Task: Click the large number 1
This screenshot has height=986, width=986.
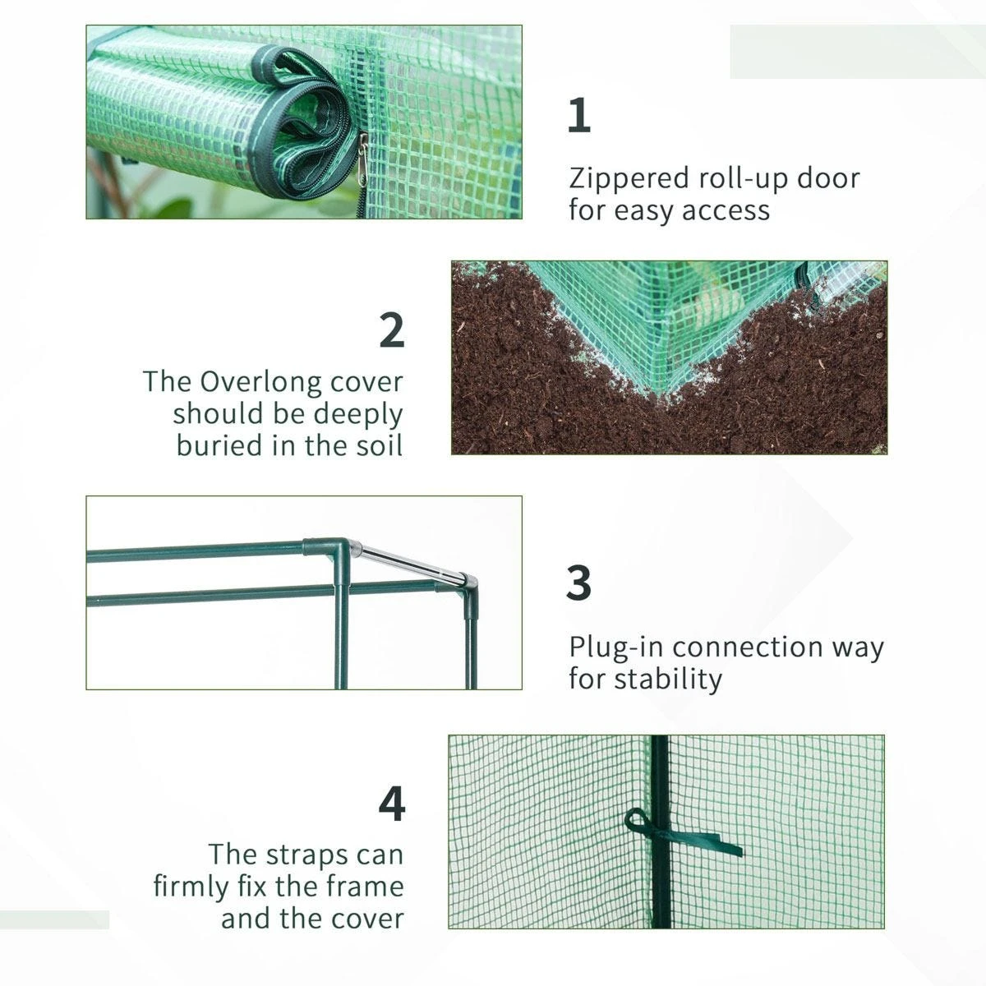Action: [579, 115]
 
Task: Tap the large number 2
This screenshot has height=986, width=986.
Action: [392, 329]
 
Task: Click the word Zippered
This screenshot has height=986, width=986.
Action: [629, 178]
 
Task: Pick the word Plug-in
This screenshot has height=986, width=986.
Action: [616, 647]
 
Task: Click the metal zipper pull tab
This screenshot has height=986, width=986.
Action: [362, 152]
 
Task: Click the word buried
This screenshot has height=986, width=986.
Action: [215, 445]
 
